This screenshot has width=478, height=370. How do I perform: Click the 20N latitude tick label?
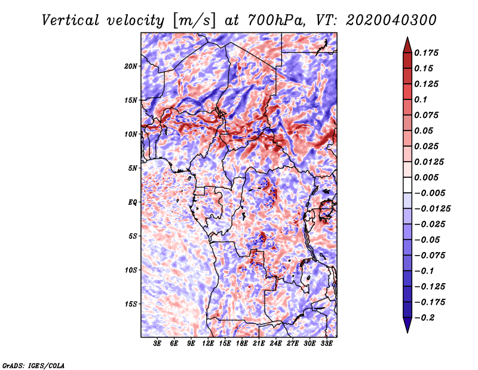tap(131, 66)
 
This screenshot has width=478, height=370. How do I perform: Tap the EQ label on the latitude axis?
tap(133, 202)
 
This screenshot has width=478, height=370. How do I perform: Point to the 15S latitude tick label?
tap(131, 304)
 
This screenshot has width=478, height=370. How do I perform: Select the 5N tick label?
tap(133, 168)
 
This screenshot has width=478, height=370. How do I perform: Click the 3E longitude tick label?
tap(157, 343)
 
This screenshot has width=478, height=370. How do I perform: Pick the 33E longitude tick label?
tap(326, 343)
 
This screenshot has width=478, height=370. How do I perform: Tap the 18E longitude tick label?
tap(242, 343)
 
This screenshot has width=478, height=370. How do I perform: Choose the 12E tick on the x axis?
tap(208, 343)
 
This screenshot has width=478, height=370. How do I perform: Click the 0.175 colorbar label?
tap(426, 53)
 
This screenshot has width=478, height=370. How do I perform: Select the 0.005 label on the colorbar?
tap(426, 177)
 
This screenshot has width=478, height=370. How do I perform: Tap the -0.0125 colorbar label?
tap(432, 209)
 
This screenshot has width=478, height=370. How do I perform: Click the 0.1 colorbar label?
tap(421, 99)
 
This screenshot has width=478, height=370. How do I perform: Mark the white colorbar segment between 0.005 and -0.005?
tap(407, 185)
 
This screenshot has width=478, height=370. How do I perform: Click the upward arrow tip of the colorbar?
tap(407, 37)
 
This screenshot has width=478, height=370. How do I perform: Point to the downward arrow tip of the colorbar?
tap(407, 332)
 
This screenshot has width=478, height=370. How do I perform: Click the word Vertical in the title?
tap(71, 20)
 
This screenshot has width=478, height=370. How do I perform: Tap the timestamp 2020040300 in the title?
tap(391, 20)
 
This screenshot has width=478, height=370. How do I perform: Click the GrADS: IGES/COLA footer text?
tap(33, 366)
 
